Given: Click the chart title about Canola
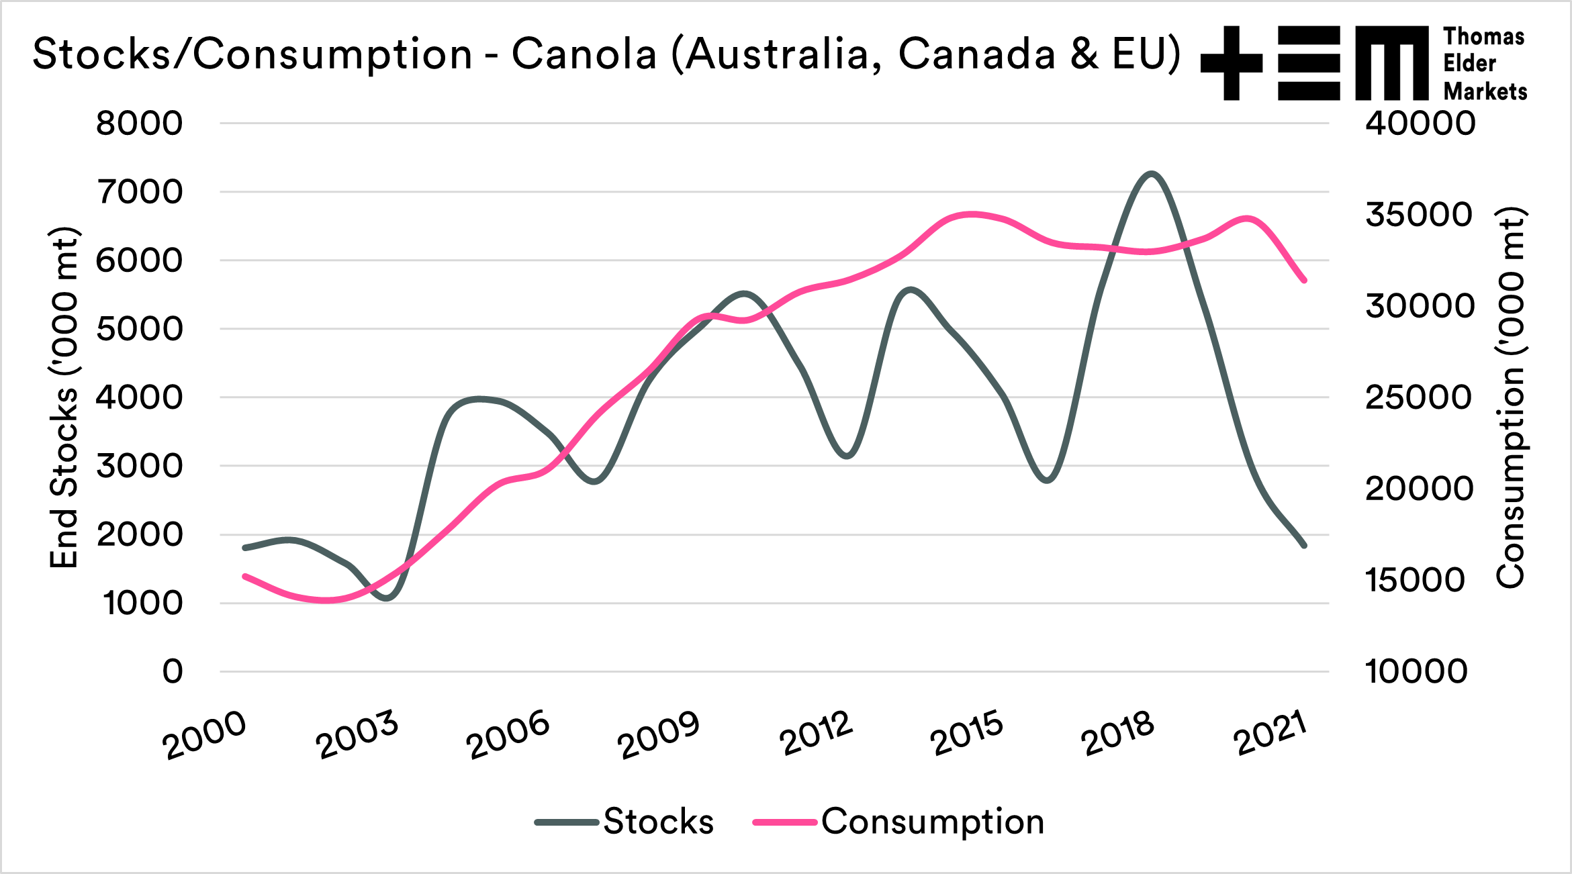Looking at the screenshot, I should [x=606, y=54].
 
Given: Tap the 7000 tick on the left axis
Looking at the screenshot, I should [x=139, y=192].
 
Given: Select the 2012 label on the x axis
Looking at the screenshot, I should [x=816, y=734].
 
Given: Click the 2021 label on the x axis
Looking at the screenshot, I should [x=1270, y=734].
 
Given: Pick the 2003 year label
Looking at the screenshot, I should [x=357, y=735].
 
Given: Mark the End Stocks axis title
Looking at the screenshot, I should [x=65, y=397].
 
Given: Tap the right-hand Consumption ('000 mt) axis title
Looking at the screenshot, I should [x=1511, y=397].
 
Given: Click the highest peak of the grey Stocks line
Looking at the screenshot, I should [x=1152, y=174].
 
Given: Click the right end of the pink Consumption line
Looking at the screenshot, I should [x=1304, y=281].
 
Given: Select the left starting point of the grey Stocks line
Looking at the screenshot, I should [x=244, y=548].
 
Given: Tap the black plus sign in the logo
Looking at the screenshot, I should [x=1231, y=63].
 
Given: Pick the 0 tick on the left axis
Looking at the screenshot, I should [x=173, y=671].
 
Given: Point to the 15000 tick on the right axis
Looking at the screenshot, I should [x=1415, y=580].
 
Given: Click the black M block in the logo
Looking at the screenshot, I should [x=1391, y=63].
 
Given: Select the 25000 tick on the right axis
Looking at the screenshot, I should [x=1418, y=397].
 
